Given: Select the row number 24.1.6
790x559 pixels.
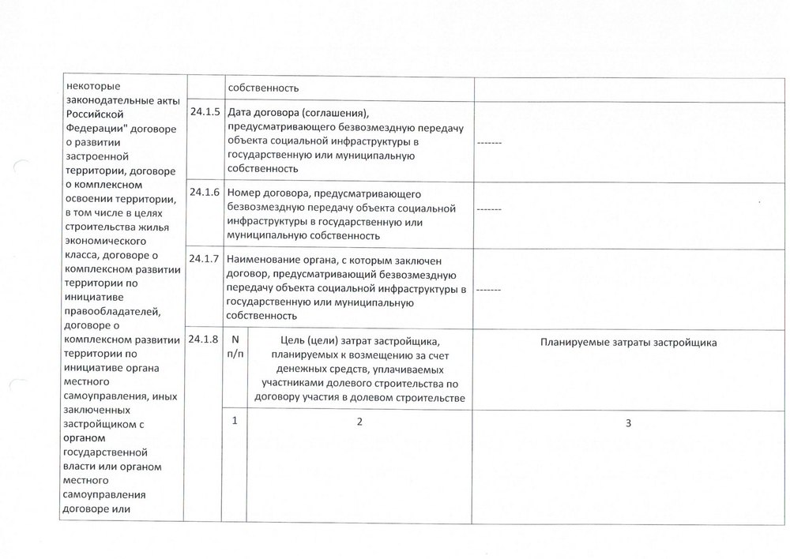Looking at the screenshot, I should [x=205, y=193].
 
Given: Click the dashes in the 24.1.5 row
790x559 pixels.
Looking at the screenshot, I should [x=488, y=143].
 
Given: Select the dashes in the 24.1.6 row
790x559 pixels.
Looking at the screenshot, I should [x=488, y=210].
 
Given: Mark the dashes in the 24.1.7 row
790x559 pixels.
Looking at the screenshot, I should [x=488, y=290].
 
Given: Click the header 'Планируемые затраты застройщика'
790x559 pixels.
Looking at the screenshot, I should [x=629, y=343].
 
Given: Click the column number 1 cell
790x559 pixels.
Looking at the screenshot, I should [x=235, y=421].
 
